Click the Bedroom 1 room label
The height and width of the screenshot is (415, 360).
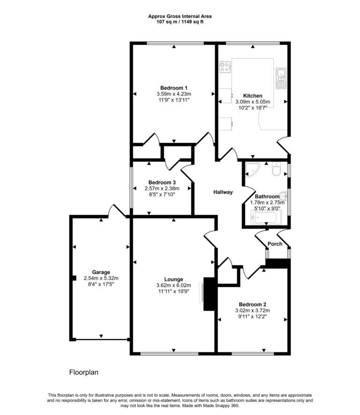(x=174, y=88)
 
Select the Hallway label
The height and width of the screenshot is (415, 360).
(x=223, y=192)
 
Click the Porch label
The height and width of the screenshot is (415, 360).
(x=275, y=244)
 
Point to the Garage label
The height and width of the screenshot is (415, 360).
(x=101, y=272)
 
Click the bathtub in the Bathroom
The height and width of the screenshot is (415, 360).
(x=266, y=217)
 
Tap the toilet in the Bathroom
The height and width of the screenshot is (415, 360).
(x=276, y=170)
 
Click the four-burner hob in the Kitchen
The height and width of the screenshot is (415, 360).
(x=225, y=67)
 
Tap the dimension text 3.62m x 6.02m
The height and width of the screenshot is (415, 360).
(x=173, y=285)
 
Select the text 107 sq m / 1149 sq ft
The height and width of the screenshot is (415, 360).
(x=180, y=22)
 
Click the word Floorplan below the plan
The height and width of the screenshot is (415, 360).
(x=84, y=373)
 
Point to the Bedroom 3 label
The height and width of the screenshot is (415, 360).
(x=162, y=183)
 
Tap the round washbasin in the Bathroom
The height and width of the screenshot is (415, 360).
(x=283, y=195)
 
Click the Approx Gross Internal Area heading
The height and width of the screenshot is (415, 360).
(x=180, y=16)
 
